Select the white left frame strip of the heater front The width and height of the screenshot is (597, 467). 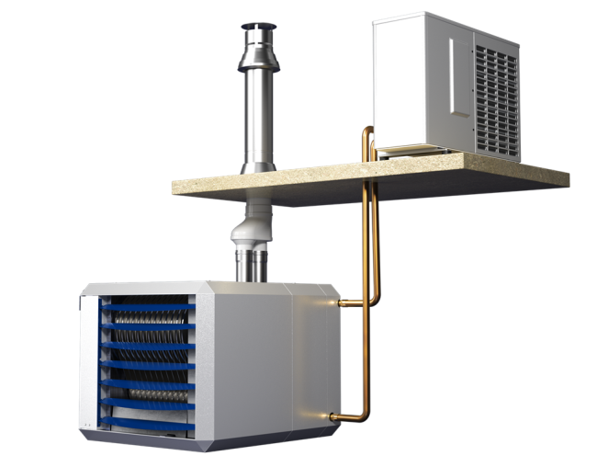(88, 363)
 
